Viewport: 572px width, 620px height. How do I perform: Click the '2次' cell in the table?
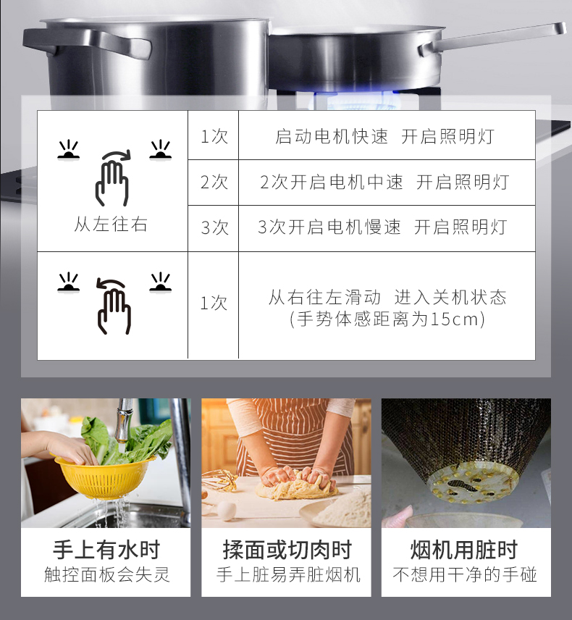[x=214, y=183]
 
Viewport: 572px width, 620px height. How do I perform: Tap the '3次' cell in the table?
[x=214, y=227]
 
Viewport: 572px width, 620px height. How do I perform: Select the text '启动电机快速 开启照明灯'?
[x=384, y=137]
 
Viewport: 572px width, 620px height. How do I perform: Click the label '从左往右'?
[x=111, y=225]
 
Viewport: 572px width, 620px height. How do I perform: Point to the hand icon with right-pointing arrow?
[x=113, y=178]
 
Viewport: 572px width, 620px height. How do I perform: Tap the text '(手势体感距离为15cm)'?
[x=387, y=319]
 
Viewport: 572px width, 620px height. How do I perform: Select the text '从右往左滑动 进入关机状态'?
[x=387, y=298]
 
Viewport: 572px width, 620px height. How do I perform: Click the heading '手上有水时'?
[x=106, y=550]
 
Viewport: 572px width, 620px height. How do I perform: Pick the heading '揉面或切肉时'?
[x=287, y=550]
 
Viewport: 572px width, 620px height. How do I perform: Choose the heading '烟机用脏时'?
[x=464, y=550]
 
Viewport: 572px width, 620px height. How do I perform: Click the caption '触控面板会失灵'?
[x=106, y=574]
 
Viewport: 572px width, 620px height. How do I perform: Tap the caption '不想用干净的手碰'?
[x=465, y=574]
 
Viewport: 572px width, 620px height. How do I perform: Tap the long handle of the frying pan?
[x=492, y=38]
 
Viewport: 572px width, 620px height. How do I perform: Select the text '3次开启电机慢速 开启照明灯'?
[x=382, y=227]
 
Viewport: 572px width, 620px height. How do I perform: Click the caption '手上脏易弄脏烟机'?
[x=288, y=574]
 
